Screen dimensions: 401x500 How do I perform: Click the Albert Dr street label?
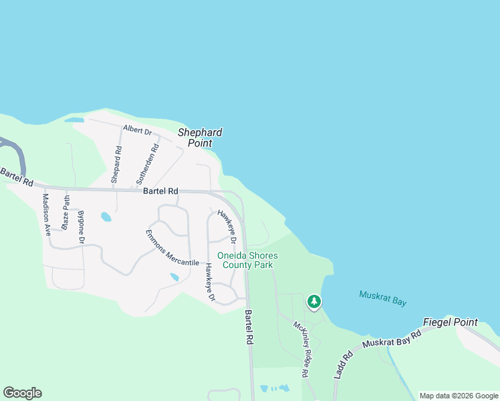point(138,130)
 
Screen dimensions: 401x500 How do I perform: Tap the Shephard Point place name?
point(199,138)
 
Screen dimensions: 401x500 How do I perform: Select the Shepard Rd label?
point(116,164)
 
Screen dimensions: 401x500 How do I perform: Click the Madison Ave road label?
point(47,213)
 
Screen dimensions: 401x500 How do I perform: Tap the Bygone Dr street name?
point(82,227)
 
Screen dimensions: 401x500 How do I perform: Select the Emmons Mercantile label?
point(172,249)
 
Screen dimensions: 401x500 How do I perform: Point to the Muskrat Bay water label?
point(382,298)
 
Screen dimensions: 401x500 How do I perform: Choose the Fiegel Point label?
point(456,322)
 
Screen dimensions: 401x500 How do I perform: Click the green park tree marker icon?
point(314,302)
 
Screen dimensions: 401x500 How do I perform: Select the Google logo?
point(22,393)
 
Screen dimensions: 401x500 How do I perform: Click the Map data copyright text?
point(458,396)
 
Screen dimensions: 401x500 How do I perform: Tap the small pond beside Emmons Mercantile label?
point(174,277)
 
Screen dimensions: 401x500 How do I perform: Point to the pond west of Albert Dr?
point(74,120)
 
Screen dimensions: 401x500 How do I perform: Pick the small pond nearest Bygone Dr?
point(106,217)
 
